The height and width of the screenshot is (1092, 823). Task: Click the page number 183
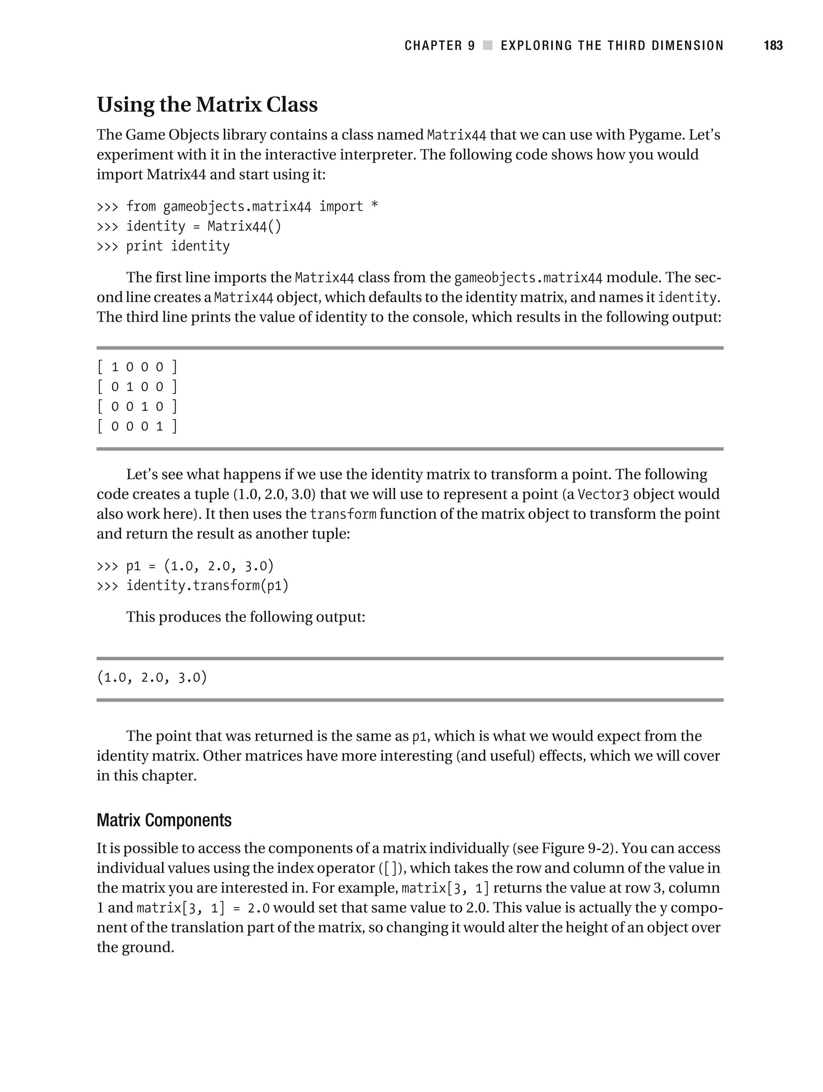tap(773, 45)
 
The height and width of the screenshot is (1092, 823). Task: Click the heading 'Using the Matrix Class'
tap(207, 104)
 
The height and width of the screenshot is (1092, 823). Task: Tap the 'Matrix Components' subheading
tap(164, 820)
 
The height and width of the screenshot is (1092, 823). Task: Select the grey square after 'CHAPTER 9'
tap(488, 45)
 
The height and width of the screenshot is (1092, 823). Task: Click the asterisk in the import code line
tap(374, 206)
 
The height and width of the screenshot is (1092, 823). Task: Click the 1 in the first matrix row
tap(115, 367)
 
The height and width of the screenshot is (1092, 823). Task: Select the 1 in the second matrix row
tap(130, 387)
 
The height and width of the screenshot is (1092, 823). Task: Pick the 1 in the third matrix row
tap(145, 406)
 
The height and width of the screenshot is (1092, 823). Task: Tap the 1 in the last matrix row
tap(160, 426)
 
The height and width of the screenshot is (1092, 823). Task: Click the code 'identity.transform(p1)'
tap(207, 586)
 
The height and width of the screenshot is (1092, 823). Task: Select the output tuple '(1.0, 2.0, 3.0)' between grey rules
tap(152, 677)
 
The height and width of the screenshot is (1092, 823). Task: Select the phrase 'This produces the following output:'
tap(246, 617)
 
